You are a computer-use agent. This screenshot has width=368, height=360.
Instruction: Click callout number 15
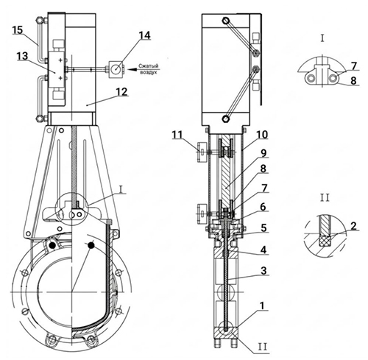[x=18, y=30]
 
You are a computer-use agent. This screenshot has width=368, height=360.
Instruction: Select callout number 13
[x=22, y=56]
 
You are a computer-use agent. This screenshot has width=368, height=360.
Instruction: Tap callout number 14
[x=144, y=35]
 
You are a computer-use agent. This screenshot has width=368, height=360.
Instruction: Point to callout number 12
[x=122, y=92]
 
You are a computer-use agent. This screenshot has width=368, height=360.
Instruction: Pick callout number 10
[x=262, y=135]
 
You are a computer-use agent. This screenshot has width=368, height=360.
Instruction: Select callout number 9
[x=263, y=153]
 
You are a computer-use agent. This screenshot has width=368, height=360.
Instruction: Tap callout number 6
[x=263, y=207]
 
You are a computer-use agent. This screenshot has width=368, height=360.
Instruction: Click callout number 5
[x=263, y=228]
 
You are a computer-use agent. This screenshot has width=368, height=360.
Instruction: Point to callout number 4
[x=263, y=250]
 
